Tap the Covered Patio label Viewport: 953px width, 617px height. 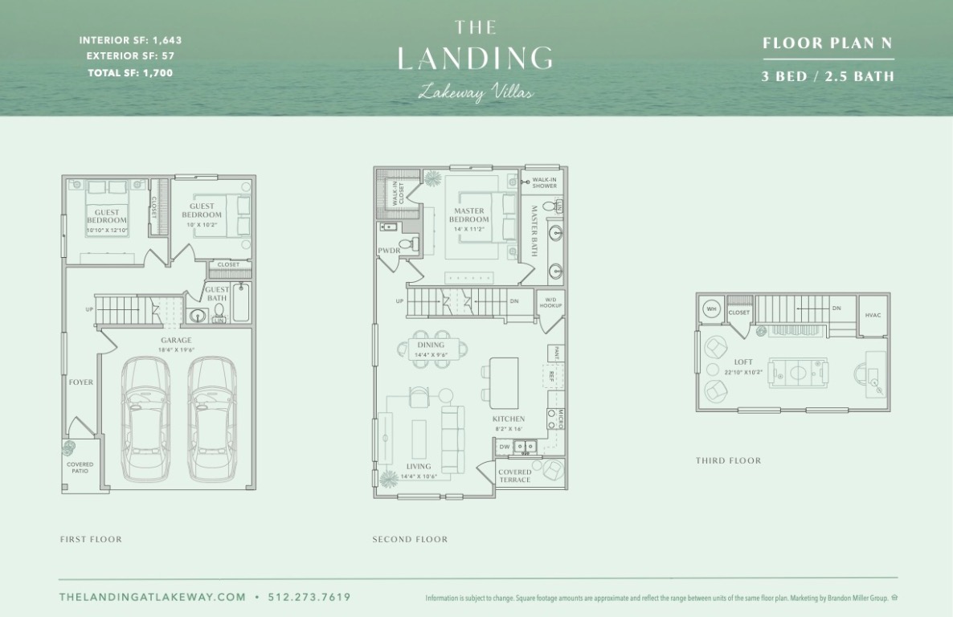80,468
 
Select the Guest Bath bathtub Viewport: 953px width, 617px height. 240,303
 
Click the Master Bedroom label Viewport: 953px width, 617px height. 468,215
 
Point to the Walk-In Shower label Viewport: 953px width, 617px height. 544,183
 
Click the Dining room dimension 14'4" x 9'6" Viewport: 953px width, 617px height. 430,354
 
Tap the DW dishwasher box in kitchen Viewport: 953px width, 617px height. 505,446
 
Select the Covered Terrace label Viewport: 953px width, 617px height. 514,476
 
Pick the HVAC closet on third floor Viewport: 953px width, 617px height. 873,315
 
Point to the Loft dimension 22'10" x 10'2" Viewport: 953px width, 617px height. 743,372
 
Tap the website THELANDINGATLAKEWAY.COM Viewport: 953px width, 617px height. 153,597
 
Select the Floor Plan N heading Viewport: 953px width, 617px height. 828,43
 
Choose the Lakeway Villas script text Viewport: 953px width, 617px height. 476,93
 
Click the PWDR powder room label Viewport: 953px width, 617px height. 389,251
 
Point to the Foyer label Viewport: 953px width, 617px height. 80,382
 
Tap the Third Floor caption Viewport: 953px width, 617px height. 728,461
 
